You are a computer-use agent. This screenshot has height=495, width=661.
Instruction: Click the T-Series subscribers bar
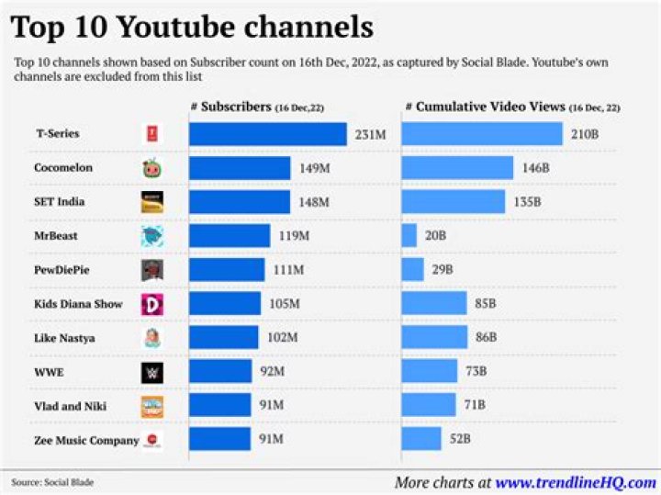coord(267,134)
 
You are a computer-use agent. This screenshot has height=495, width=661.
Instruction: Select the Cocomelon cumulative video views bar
coord(457,168)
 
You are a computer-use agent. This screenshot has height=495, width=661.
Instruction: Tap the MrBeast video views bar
coord(409,236)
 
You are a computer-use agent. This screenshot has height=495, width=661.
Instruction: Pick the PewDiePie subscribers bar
coord(229,270)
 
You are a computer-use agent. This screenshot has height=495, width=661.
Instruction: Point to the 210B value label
coord(584,135)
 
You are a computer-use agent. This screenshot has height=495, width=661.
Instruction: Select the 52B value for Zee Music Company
coord(459,440)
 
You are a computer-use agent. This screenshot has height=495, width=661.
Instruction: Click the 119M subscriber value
coord(291,236)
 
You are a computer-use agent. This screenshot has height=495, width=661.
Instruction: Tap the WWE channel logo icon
coord(151,373)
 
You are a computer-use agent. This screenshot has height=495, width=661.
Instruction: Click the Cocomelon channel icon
coord(151,169)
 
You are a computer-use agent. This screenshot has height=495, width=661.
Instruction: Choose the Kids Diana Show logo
coord(151,304)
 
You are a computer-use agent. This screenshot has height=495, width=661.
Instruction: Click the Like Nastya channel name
coord(63,338)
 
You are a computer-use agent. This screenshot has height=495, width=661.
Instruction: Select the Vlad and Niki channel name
coord(67,406)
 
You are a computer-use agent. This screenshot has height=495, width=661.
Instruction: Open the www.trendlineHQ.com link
coord(576,482)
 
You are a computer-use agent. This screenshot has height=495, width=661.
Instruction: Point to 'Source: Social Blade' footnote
coord(52,482)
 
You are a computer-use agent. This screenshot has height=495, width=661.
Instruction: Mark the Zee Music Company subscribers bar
coord(219,440)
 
